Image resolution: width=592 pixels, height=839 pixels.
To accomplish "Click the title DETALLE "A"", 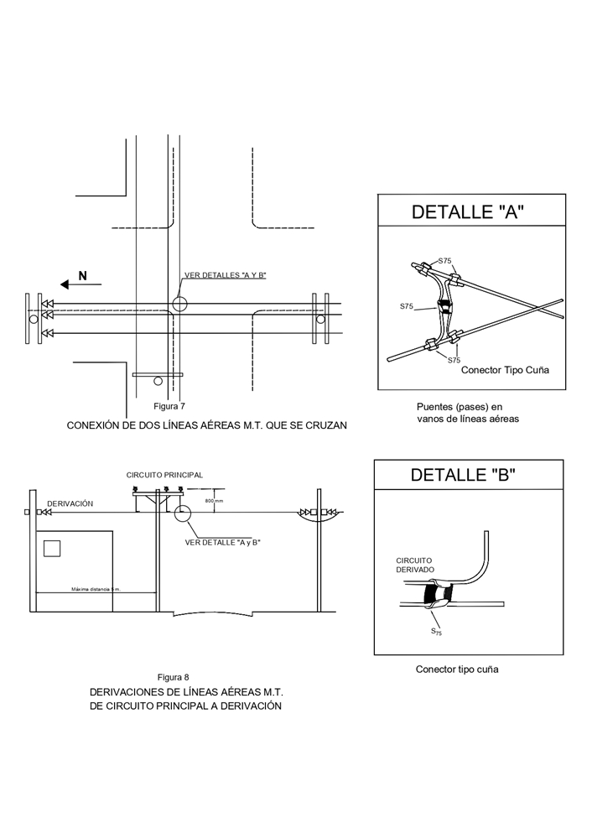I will click(468, 211).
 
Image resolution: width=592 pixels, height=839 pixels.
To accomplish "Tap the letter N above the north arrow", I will click(82, 275).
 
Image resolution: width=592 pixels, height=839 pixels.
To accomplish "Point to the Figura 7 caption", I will click(169, 406).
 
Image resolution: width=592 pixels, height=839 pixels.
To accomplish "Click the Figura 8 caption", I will click(174, 677).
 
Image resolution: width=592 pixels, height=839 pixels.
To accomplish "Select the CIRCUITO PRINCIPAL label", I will click(164, 475).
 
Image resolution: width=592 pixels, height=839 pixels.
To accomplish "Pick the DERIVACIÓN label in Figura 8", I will click(70, 503).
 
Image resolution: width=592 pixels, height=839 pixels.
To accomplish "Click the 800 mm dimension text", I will click(214, 501).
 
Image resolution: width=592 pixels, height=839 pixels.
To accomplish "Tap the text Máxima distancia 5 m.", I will click(96, 590).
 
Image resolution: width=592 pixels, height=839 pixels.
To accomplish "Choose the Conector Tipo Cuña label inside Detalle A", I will click(505, 370).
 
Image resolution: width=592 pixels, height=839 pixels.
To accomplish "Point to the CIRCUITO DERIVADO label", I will click(415, 565).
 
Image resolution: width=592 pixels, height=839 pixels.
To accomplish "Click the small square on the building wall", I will click(52, 549).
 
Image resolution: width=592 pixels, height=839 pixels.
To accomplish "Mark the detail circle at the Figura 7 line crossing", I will click(179, 304).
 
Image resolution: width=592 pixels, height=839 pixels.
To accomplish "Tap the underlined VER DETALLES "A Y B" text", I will click(225, 275).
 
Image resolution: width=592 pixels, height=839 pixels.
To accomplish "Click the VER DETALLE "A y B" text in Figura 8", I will click(223, 543).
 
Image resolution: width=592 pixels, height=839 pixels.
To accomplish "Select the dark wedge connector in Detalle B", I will click(439, 595).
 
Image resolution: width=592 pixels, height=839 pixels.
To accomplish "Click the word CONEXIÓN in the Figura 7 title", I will click(95, 425).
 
